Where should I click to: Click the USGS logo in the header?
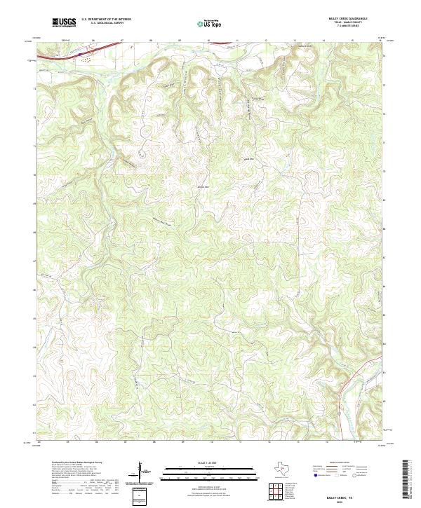[x=63, y=22]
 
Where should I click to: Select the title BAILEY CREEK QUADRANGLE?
[x=346, y=18]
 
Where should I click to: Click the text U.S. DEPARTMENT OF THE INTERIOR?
[x=106, y=20]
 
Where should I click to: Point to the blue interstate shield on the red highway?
[x=80, y=52]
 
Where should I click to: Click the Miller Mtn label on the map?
[x=203, y=187]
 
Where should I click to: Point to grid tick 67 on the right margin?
[x=384, y=258]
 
